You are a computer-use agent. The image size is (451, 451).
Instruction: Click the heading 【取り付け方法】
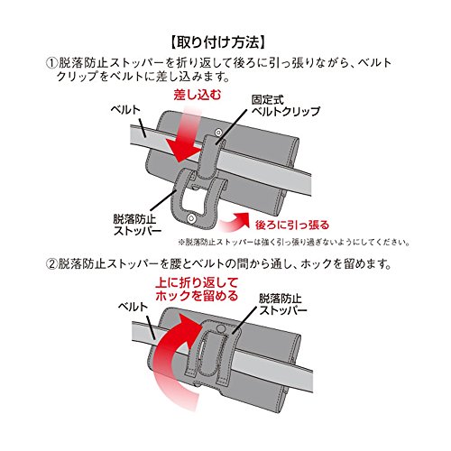218,42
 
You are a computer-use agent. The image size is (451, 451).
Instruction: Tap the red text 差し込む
198,95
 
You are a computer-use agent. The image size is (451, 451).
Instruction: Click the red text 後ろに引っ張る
292,225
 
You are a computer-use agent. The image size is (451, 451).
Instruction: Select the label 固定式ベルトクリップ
286,106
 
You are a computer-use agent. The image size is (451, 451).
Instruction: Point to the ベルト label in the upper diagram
125,109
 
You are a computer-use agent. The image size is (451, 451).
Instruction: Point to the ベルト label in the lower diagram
133,307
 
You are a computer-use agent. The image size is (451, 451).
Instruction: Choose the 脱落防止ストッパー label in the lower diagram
283,305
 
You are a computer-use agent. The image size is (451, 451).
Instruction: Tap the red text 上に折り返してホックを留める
197,290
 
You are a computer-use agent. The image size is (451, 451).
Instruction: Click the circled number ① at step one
51,63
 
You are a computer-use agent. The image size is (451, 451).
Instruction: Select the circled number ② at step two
51,264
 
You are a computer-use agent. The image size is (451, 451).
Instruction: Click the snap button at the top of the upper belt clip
218,132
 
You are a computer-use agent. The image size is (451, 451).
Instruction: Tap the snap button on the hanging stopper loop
190,217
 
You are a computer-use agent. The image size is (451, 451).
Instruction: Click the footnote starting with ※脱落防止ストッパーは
294,242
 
